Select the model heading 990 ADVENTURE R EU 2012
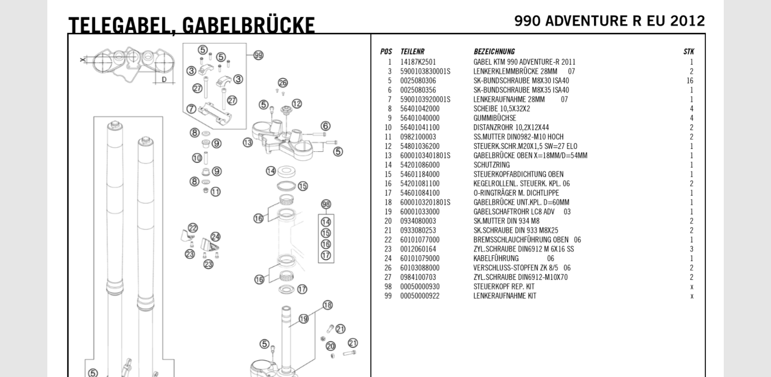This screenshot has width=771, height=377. pos(609,21)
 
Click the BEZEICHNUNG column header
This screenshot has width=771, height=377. pos(493,52)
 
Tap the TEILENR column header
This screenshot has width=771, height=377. pos(412,52)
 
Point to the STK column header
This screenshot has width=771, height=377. pos(689,52)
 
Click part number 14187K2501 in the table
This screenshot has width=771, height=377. pos(418,62)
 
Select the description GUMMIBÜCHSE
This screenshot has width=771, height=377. pos(494,118)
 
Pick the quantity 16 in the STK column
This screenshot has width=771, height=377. pos(690,81)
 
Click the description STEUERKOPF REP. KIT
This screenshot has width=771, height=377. pos(504,286)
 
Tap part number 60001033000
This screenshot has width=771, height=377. pos(420,212)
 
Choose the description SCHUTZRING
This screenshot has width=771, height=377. pos(491,165)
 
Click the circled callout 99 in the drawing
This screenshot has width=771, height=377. pos(258,55)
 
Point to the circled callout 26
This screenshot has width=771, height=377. pos(282,83)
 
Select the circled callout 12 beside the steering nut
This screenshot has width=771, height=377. pos(296,104)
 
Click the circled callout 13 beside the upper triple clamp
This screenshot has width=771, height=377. pos(248,143)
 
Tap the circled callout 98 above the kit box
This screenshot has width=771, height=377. pos(326,204)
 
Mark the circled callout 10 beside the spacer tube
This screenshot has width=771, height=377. pos(197,158)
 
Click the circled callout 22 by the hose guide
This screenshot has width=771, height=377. pos(193,228)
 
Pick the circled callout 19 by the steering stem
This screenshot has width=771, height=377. pos(303,319)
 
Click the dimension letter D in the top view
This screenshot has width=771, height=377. pos(164,79)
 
